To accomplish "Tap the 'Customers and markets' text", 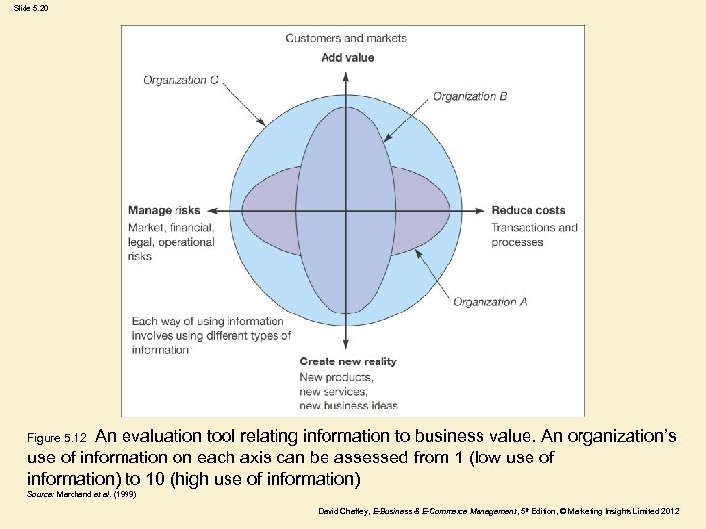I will point(346,38).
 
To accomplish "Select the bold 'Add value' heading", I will point(347,58).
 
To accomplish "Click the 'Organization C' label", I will point(180,80).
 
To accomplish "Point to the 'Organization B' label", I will point(470,96).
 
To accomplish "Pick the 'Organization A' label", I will point(489,302).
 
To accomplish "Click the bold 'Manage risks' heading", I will point(164,210).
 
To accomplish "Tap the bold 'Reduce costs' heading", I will point(529,210).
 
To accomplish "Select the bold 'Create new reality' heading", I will point(348,361).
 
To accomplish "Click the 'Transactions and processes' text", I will point(533,235).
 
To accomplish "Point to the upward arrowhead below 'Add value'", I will point(346,72).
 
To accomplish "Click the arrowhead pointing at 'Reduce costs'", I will point(479,210).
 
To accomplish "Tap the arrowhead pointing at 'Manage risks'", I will point(211,210).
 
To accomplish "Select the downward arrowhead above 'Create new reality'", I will point(346,345).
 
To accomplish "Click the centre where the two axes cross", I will point(346,210).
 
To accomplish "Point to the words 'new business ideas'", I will point(348,405).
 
